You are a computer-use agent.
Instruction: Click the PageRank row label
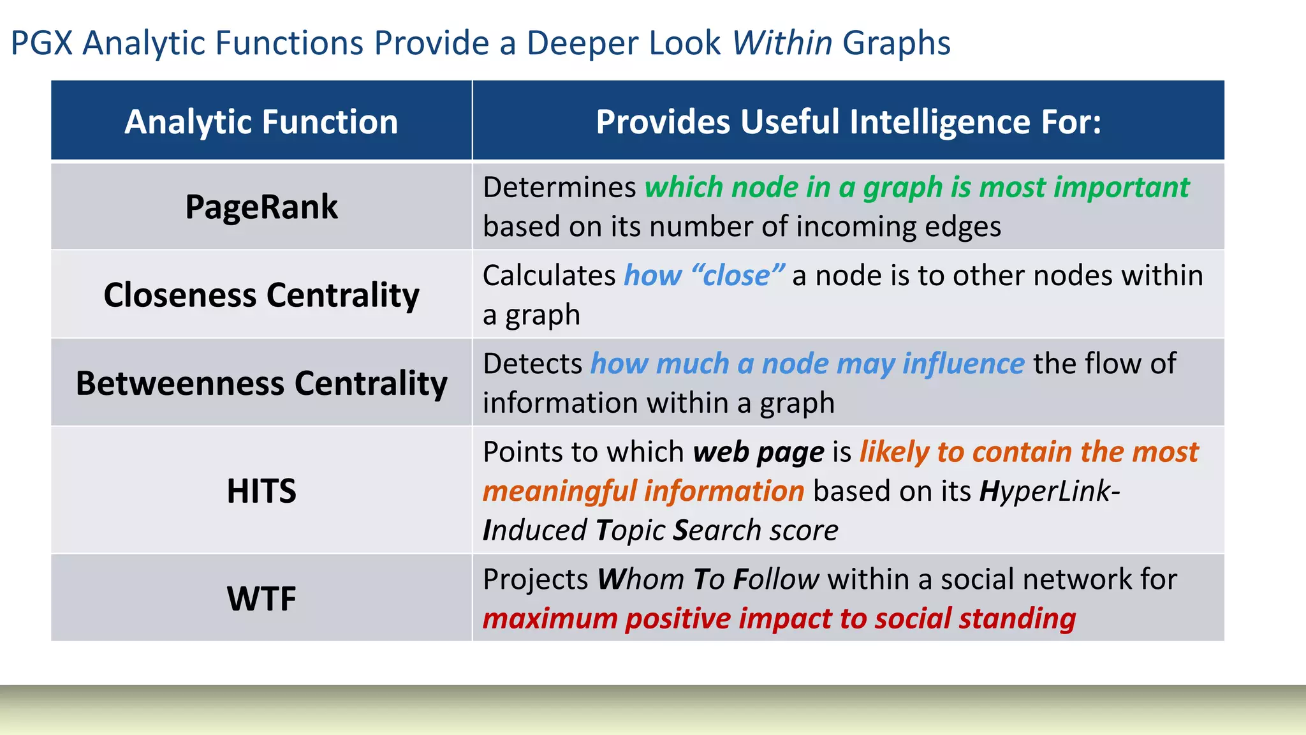click(261, 207)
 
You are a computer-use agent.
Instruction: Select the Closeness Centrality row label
click(261, 295)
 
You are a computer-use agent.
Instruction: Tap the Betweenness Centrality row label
click(261, 383)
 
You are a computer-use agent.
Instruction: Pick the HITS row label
click(261, 491)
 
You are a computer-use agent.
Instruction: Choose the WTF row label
click(261, 598)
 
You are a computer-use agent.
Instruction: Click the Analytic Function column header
click(261, 121)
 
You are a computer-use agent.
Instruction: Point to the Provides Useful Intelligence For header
click(848, 121)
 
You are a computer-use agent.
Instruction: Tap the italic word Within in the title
click(782, 43)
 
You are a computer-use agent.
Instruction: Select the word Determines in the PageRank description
click(559, 188)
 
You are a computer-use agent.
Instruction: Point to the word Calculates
click(549, 276)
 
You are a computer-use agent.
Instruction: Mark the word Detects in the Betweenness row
click(532, 364)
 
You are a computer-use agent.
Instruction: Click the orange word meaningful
click(559, 491)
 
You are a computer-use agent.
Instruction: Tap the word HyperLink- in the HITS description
click(1050, 491)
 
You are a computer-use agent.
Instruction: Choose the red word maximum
click(550, 619)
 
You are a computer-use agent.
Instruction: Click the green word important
click(1122, 188)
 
